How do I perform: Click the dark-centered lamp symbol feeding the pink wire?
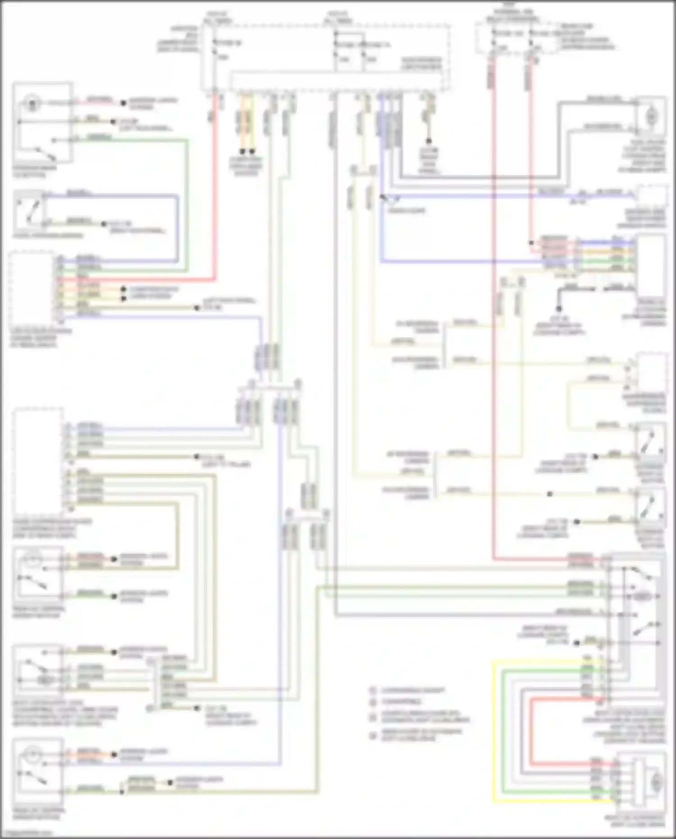tap(32, 103)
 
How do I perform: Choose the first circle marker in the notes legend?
tap(373, 690)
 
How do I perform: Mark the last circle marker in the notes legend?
tap(373, 735)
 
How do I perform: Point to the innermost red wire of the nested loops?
tap(530, 730)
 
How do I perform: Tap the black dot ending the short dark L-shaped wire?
tap(559, 309)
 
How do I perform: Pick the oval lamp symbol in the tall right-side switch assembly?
tap(642, 597)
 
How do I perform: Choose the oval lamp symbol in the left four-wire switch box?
tap(44, 679)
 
